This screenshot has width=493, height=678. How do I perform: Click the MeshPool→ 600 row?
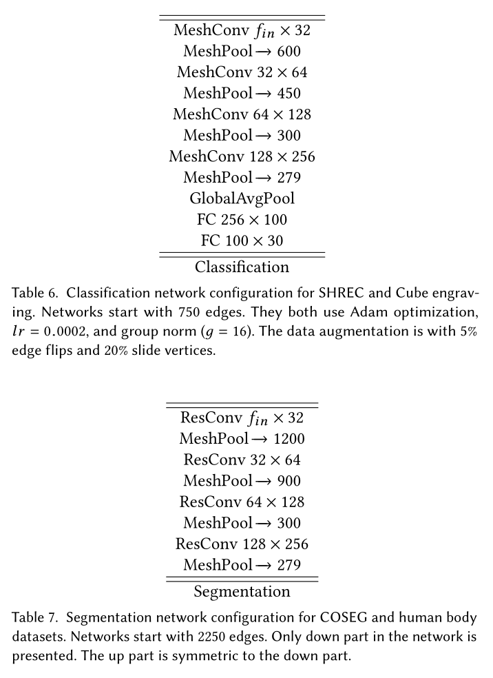click(x=242, y=51)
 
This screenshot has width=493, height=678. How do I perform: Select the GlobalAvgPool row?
click(x=242, y=198)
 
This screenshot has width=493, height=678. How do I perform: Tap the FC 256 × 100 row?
click(x=242, y=220)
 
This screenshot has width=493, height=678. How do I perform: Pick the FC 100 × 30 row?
click(x=242, y=241)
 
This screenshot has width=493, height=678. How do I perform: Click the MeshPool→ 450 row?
click(x=242, y=93)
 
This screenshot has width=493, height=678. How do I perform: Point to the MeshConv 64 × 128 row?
click(x=242, y=114)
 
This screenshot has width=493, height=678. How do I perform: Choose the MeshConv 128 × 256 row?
click(x=242, y=156)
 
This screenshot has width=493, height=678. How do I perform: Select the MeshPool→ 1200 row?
click(x=242, y=438)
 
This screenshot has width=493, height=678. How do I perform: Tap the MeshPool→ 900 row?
click(x=242, y=481)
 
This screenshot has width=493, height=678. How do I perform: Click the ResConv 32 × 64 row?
click(x=242, y=460)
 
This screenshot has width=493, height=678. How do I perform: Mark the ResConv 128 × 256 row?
click(x=242, y=544)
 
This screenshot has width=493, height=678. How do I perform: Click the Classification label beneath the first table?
click(x=242, y=267)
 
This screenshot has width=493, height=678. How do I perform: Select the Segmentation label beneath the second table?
click(x=242, y=591)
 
